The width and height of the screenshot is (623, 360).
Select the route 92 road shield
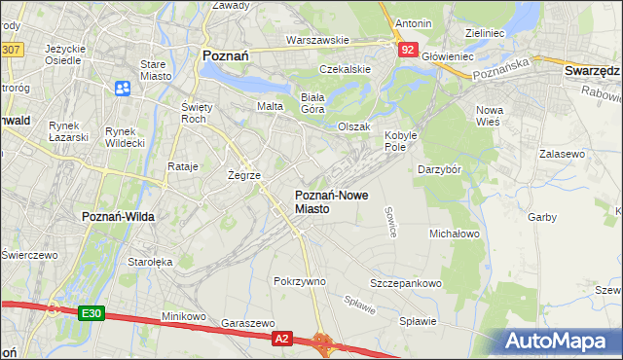click(408, 49)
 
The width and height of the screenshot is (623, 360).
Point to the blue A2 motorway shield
click(281, 338)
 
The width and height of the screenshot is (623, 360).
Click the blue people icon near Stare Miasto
click(124, 89)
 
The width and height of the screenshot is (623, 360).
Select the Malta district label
click(269, 105)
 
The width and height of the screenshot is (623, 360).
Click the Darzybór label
click(438, 169)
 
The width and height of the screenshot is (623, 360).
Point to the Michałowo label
click(455, 234)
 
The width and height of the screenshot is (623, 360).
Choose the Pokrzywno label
click(300, 281)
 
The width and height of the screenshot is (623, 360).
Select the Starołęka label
click(150, 261)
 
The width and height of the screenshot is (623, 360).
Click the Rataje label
click(183, 166)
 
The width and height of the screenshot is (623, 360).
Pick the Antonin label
click(413, 22)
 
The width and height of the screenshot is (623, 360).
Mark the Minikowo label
click(184, 316)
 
